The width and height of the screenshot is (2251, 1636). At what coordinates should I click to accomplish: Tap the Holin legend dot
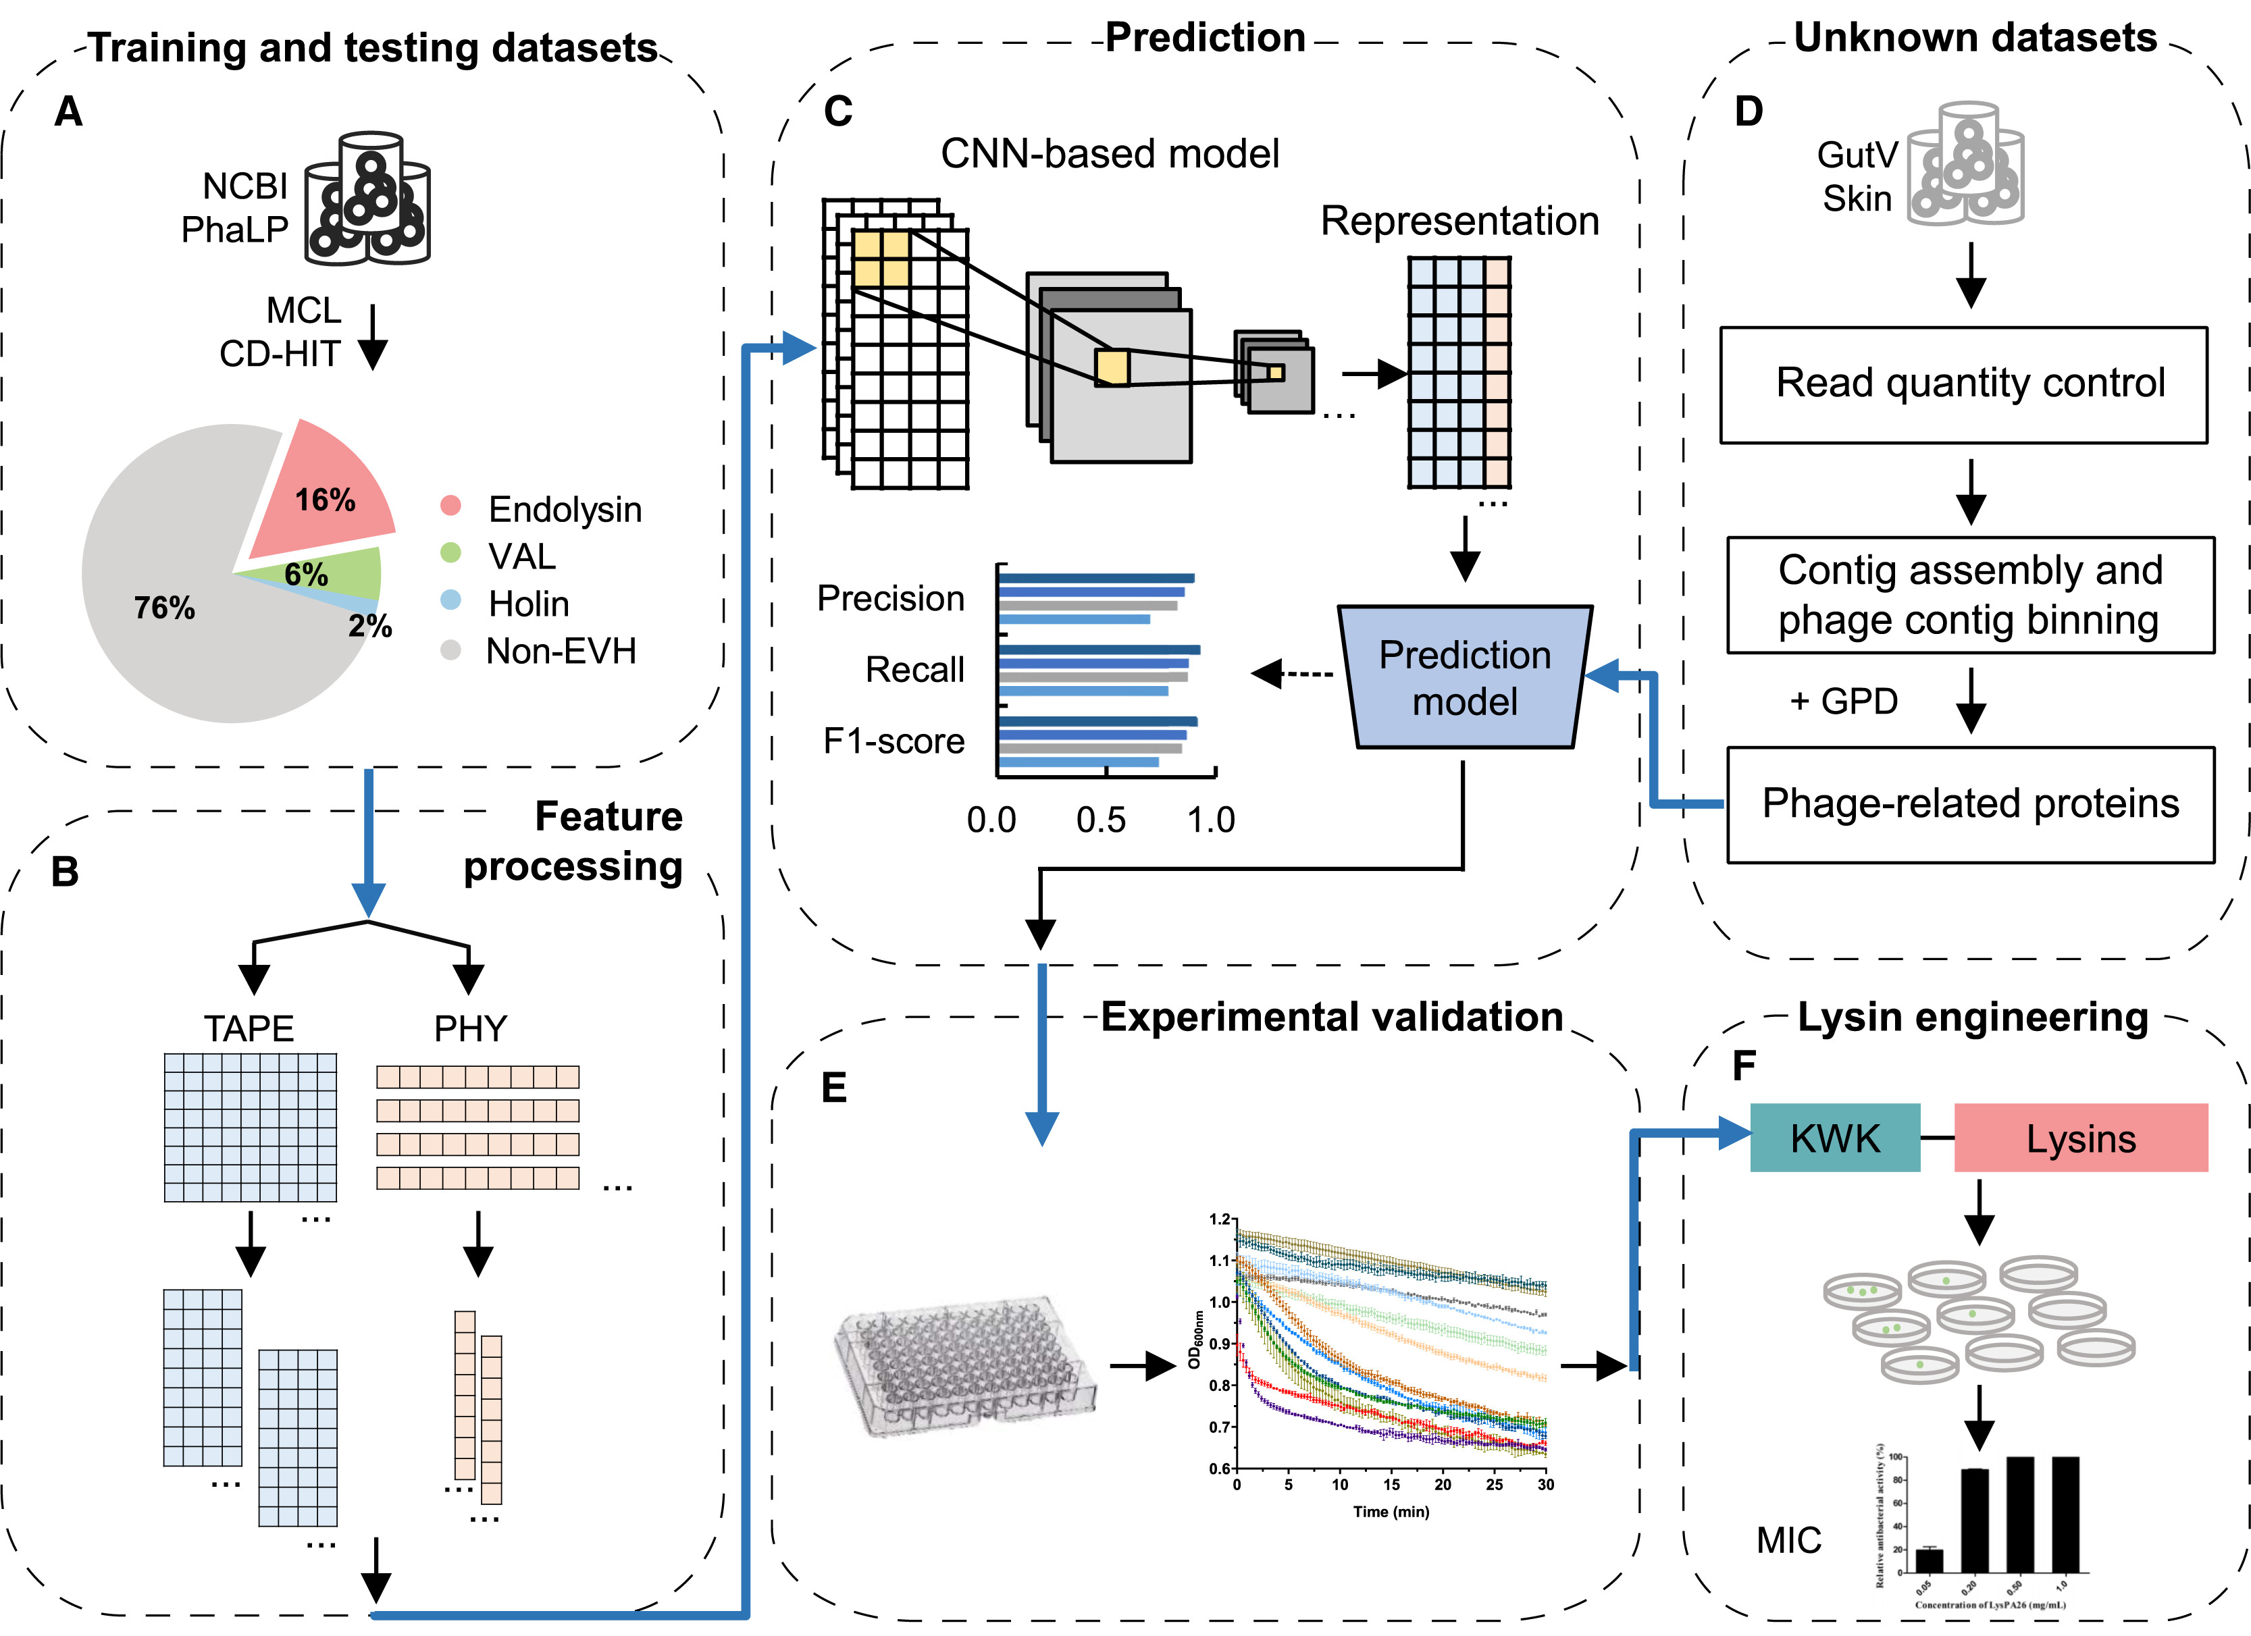tap(450, 600)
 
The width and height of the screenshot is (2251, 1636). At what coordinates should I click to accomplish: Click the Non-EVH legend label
tap(561, 652)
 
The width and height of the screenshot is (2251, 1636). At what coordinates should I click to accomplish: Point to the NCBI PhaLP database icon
tap(367, 199)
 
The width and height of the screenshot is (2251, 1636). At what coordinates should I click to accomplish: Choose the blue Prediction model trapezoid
tap(1465, 678)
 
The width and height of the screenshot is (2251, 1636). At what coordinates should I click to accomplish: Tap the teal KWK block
tap(1834, 1138)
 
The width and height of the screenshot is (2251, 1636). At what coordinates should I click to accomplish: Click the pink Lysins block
tap(2080, 1138)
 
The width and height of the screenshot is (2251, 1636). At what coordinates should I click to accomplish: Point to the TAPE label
tap(249, 1028)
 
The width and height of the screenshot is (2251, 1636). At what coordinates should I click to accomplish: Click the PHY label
tap(471, 1028)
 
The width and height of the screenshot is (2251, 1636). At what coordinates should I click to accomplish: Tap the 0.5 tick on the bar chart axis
tap(1102, 820)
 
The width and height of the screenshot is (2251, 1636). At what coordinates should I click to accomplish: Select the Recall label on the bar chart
tap(914, 670)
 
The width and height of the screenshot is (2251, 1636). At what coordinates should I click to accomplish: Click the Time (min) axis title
tap(1391, 1512)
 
